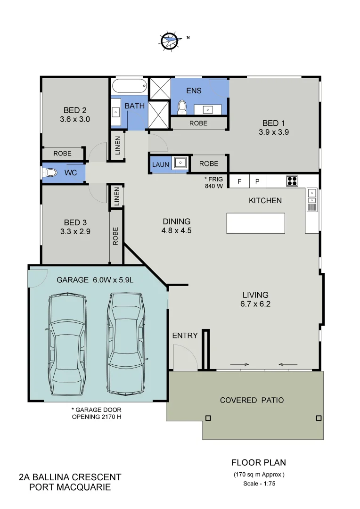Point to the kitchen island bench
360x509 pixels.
point(255,223)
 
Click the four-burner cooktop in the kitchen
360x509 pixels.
point(292,181)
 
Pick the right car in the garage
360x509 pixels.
point(125,343)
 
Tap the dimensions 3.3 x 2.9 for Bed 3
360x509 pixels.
point(75,231)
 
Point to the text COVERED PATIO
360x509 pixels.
point(252,400)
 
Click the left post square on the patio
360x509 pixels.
point(208,418)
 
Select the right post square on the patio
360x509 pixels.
point(319,418)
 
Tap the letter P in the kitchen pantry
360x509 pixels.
point(257,181)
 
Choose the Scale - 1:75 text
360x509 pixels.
point(259,484)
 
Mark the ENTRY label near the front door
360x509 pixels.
point(185,336)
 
